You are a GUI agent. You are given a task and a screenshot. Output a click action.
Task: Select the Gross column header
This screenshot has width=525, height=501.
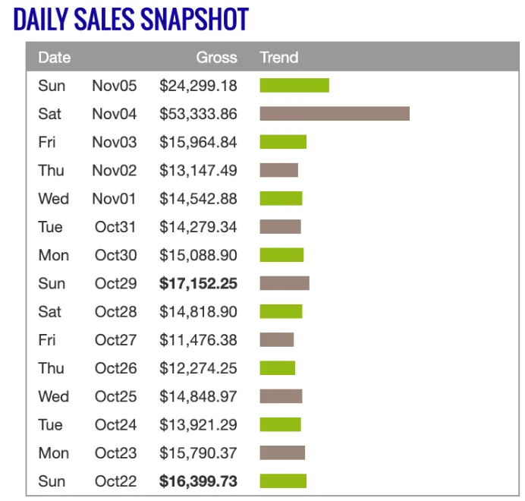click(x=216, y=57)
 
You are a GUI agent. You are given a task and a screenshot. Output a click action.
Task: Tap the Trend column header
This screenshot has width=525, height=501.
click(x=278, y=57)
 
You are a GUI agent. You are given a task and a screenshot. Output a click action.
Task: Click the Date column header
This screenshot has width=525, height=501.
click(x=54, y=57)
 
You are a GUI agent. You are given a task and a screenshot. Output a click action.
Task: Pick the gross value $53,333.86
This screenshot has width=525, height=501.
click(x=198, y=114)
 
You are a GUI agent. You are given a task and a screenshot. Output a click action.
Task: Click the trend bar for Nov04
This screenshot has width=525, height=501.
click(x=334, y=114)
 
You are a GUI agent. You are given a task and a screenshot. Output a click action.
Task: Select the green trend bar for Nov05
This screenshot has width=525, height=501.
click(x=294, y=85)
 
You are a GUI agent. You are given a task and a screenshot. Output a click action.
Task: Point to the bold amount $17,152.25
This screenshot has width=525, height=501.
click(x=198, y=283)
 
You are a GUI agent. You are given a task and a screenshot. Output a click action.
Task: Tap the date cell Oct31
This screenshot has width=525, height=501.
click(x=115, y=227)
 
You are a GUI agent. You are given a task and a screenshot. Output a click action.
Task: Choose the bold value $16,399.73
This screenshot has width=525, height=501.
click(x=198, y=481)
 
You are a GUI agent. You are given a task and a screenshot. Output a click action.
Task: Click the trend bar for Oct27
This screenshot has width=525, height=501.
click(x=276, y=340)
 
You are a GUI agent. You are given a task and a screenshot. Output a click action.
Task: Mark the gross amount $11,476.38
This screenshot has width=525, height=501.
click(x=198, y=340)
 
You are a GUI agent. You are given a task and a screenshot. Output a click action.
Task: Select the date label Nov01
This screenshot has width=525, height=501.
click(x=115, y=199)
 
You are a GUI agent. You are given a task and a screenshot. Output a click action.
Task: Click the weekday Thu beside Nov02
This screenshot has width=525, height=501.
click(x=52, y=170)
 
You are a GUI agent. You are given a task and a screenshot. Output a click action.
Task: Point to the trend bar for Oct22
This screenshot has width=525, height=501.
click(x=283, y=481)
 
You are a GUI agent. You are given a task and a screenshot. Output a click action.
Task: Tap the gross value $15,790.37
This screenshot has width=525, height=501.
click(x=198, y=453)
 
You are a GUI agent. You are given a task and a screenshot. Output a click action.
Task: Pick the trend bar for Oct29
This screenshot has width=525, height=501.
click(x=285, y=283)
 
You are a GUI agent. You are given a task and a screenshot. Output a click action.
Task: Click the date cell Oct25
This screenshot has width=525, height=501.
click(x=115, y=396)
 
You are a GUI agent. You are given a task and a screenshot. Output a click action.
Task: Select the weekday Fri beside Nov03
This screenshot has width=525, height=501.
click(x=48, y=142)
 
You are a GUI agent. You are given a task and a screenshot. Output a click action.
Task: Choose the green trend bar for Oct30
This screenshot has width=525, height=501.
click(x=281, y=255)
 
